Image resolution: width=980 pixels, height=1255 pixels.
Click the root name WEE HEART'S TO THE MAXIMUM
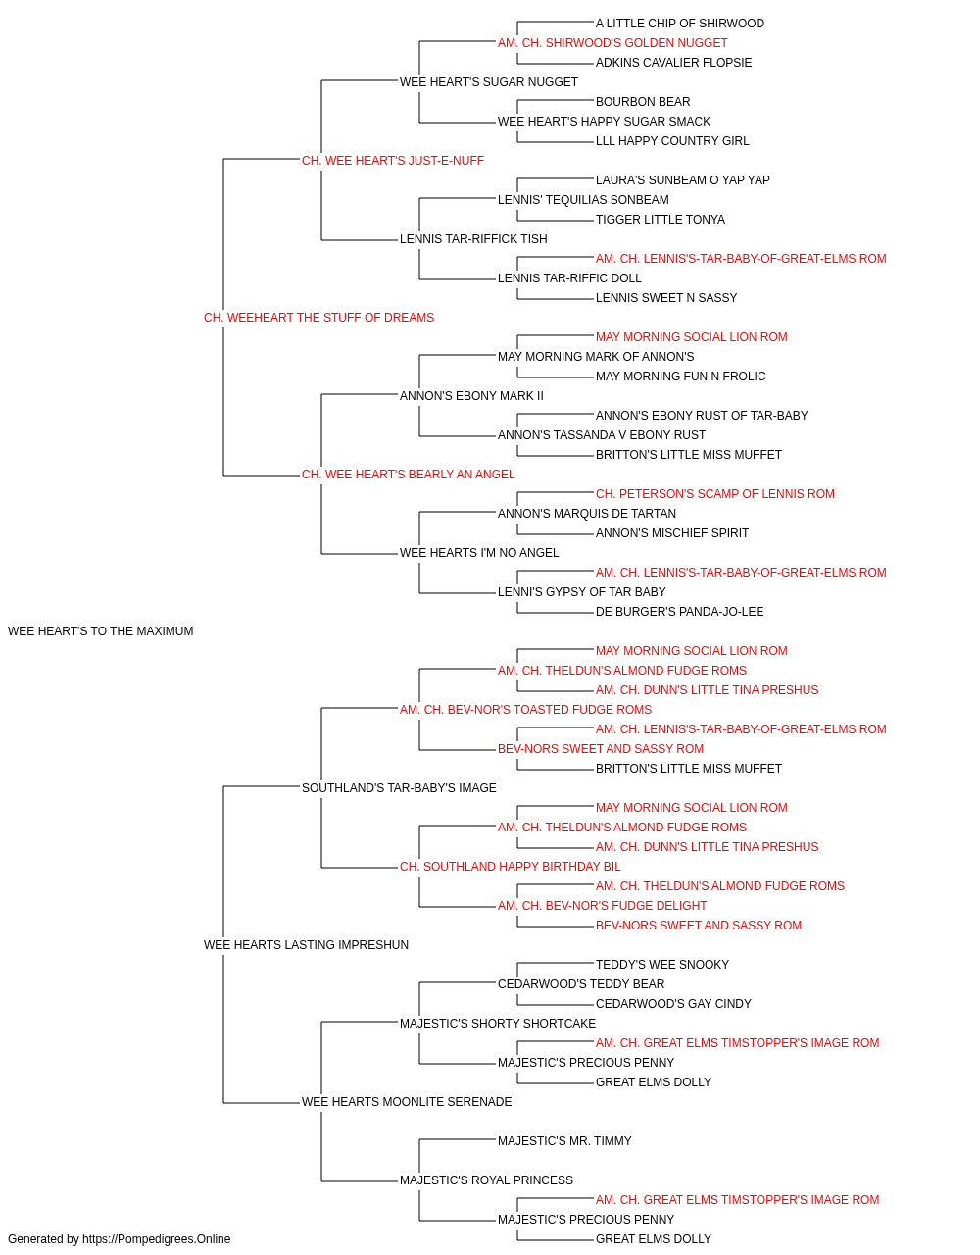pyautogui.click(x=100, y=631)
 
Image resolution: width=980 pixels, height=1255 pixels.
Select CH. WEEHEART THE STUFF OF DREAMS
pyautogui.click(x=318, y=318)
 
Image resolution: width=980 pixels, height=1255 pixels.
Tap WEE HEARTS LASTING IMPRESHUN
pyautogui.click(x=306, y=945)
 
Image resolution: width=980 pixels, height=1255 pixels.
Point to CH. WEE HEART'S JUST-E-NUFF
pyautogui.click(x=392, y=161)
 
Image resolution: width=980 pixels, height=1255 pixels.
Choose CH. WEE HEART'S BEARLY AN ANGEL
pyautogui.click(x=408, y=475)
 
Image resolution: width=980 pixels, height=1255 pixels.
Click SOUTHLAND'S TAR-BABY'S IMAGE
pyautogui.click(x=399, y=788)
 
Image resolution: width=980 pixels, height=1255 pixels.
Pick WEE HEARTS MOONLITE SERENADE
pyautogui.click(x=407, y=1102)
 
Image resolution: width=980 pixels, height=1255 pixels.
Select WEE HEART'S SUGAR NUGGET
pyautogui.click(x=489, y=82)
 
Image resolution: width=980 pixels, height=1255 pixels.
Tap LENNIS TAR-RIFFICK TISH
pyautogui.click(x=473, y=239)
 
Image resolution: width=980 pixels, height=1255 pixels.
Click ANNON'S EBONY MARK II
pyautogui.click(x=471, y=396)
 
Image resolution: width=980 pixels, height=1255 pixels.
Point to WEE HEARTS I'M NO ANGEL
pyautogui.click(x=479, y=553)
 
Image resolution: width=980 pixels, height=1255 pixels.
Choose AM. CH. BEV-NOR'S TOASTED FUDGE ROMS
pyautogui.click(x=526, y=710)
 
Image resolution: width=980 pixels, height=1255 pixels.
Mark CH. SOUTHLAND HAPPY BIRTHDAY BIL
pyautogui.click(x=511, y=867)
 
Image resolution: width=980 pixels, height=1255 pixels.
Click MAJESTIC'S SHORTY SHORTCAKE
pyautogui.click(x=498, y=1024)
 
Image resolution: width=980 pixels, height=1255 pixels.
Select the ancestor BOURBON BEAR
pyautogui.click(x=643, y=102)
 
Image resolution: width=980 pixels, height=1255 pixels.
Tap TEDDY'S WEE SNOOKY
pyautogui.click(x=662, y=965)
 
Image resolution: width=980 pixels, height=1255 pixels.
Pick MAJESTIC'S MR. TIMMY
pyautogui.click(x=564, y=1141)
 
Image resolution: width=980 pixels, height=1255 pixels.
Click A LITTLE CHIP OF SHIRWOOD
pyautogui.click(x=680, y=24)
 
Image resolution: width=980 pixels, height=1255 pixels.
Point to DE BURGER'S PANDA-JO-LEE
pyautogui.click(x=679, y=612)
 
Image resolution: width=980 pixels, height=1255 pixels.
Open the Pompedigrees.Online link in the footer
pyautogui.click(x=156, y=1239)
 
